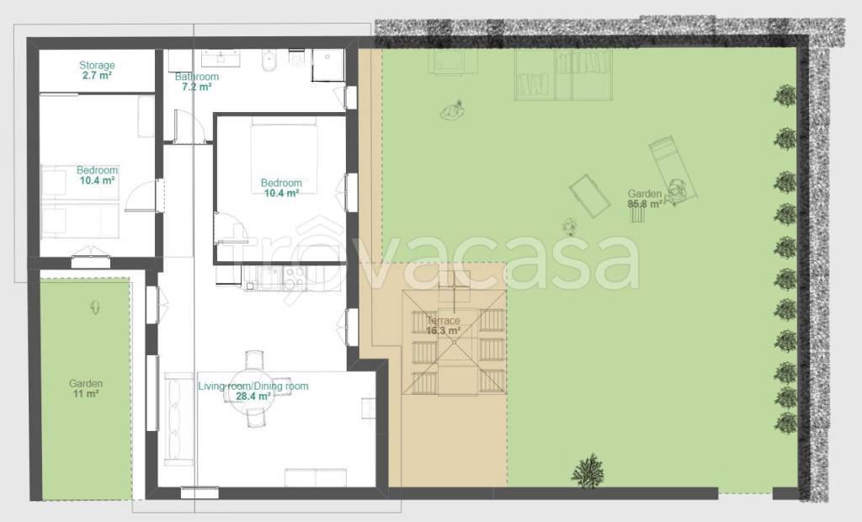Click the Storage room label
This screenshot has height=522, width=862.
pyautogui.click(x=97, y=65)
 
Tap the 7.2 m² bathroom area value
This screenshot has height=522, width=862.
pyautogui.click(x=197, y=87)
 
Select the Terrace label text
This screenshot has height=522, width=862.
pyautogui.click(x=443, y=320)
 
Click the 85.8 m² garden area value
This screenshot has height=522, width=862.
pyautogui.click(x=645, y=204)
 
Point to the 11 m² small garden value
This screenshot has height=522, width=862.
pyautogui.click(x=86, y=393)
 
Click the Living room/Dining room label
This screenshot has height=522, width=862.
pyautogui.click(x=253, y=386)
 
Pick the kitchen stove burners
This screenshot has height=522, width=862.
pyautogui.click(x=294, y=277)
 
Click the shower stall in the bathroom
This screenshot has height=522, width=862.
pyautogui.click(x=328, y=66)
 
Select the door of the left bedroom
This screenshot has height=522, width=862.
pyautogui.click(x=141, y=195)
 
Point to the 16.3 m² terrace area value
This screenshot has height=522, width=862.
pyautogui.click(x=443, y=331)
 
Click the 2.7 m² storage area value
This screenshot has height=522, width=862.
pyautogui.click(x=97, y=76)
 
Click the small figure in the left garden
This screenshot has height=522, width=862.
pyautogui.click(x=96, y=307)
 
